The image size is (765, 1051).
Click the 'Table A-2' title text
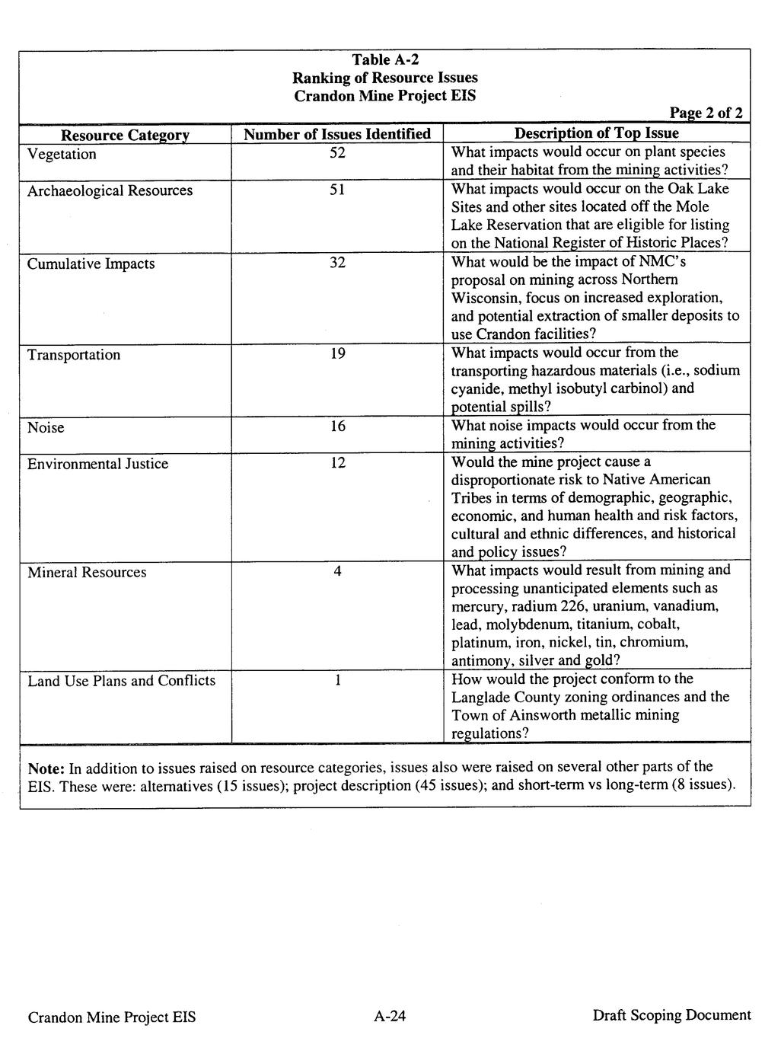(385, 59)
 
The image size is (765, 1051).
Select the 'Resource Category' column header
(125, 135)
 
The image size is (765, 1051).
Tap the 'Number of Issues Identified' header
(337, 134)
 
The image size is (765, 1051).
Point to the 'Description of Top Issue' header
(597, 133)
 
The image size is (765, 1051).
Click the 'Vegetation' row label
(62, 154)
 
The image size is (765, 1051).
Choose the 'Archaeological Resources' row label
(110, 190)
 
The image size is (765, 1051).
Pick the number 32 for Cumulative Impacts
(337, 263)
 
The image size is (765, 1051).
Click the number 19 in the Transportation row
(337, 353)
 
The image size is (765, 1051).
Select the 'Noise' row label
(46, 427)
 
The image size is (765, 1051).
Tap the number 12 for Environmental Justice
(337, 462)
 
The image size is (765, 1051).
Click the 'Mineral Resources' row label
(87, 573)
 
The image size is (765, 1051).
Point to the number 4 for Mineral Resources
(337, 571)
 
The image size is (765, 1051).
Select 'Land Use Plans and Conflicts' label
(121, 681)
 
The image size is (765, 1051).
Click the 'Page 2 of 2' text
(706, 113)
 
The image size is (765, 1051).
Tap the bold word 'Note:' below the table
(46, 767)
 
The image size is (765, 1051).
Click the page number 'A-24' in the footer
(390, 1015)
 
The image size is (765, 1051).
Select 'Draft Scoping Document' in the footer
(671, 1015)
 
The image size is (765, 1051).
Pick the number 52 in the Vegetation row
(337, 153)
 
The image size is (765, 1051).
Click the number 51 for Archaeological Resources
(337, 190)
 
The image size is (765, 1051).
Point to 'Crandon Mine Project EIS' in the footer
(112, 1017)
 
